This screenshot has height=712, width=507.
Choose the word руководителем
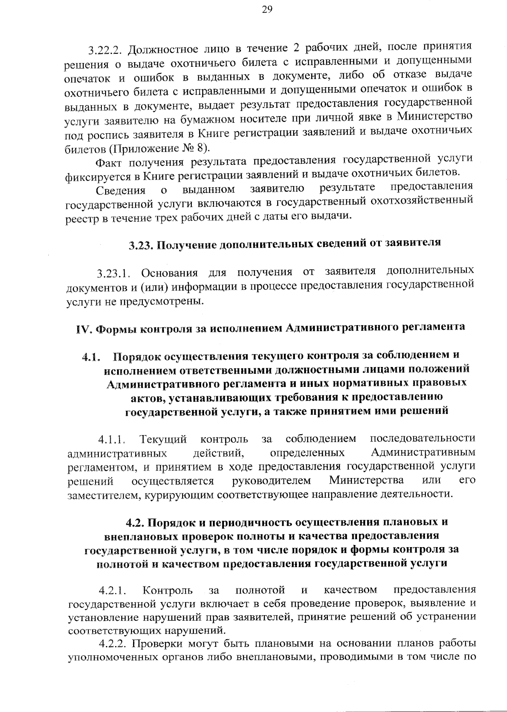click(x=271, y=481)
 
